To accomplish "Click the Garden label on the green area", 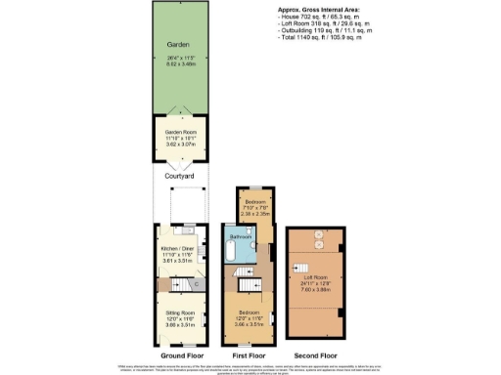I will [176, 44].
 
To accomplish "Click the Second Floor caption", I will [315, 356].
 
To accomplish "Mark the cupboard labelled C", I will [197, 284].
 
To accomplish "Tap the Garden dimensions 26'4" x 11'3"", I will [176, 58].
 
